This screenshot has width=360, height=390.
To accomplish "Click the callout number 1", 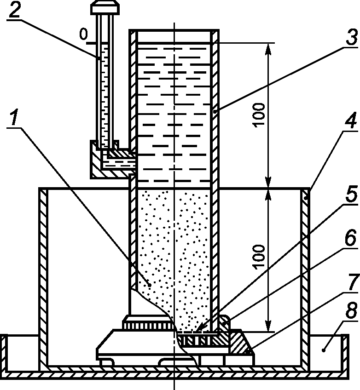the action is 14,118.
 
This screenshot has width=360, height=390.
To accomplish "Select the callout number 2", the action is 14,10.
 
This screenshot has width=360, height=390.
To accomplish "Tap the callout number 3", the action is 352,38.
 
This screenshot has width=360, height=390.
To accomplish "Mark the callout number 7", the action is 354,282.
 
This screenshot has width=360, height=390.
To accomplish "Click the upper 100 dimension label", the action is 259,115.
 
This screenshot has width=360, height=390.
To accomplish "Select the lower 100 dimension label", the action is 259,257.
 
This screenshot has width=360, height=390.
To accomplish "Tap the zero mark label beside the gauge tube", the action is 84,34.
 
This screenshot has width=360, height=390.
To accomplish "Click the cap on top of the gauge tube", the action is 105,7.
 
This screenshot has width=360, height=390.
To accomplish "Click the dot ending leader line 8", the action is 324,350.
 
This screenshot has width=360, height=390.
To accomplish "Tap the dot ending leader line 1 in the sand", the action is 149,285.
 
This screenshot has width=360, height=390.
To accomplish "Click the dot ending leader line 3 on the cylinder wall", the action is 215,112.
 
